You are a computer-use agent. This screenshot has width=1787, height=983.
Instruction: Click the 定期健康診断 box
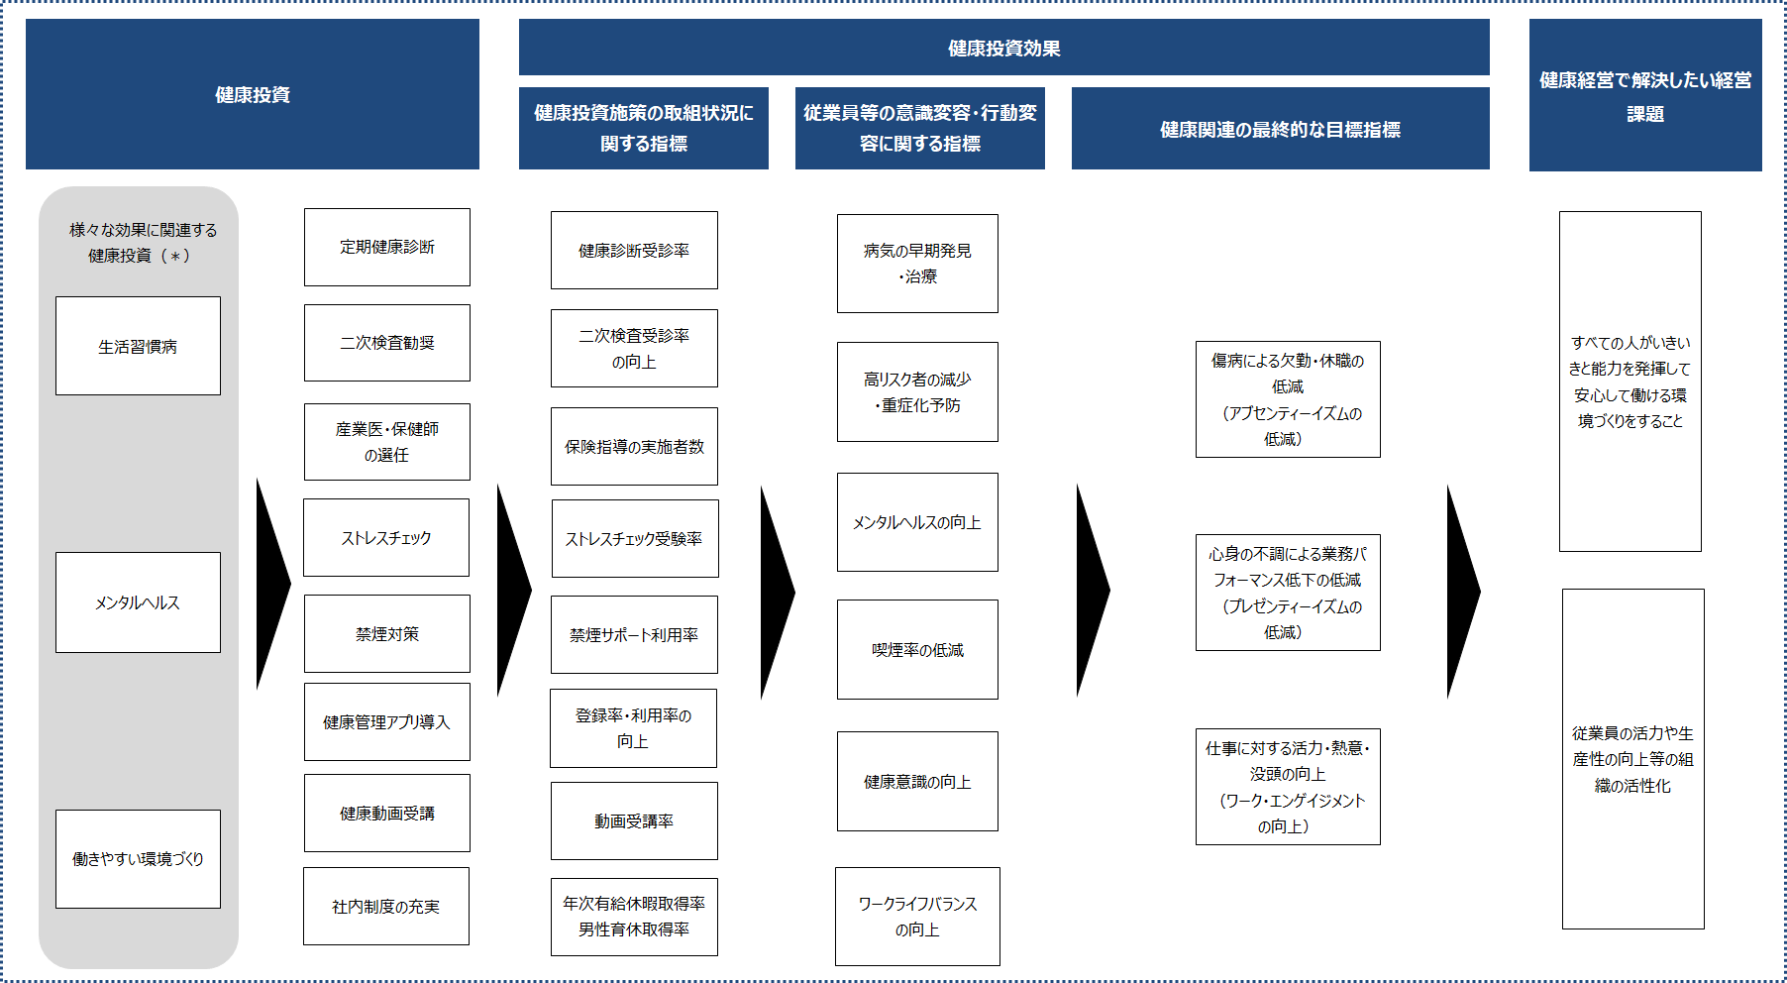[387, 247]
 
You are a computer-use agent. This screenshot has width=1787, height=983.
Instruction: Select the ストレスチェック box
[386, 538]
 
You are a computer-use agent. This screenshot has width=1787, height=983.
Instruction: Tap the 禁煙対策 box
[387, 634]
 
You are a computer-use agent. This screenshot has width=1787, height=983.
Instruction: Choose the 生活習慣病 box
[138, 346]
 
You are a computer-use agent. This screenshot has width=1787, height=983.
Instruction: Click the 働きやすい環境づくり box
[138, 859]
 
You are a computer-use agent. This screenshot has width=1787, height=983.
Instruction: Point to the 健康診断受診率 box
[634, 251]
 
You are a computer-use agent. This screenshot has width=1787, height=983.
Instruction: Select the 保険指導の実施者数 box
[634, 447]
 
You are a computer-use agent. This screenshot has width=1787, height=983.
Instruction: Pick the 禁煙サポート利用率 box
[634, 635]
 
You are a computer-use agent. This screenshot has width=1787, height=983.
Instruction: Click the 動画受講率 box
[634, 821]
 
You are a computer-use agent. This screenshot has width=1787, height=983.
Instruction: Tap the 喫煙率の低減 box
[917, 650]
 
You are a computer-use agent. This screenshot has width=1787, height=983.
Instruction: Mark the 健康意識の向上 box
[917, 782]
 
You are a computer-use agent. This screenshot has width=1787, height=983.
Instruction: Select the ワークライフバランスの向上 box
[917, 917]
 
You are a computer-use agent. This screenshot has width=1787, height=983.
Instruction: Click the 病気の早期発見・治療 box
[917, 264]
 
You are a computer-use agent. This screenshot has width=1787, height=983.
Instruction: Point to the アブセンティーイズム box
[1288, 399]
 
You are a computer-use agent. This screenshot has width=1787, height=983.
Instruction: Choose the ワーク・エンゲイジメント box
[1288, 787]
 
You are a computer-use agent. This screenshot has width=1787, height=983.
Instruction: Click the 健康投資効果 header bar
[1004, 48]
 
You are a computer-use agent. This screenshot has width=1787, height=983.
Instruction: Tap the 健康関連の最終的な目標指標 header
[1281, 129]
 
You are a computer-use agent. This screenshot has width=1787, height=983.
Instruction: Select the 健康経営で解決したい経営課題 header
[1645, 95]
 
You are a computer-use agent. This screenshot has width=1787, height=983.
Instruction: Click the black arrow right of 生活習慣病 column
[272, 585]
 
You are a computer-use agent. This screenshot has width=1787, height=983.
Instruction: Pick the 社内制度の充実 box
[386, 907]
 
